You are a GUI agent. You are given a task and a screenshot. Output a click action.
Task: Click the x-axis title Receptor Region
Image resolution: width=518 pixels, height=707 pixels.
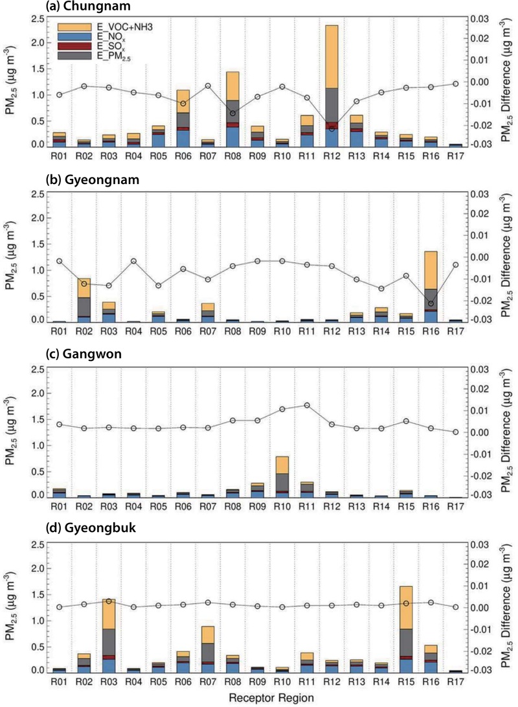click(268, 698)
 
